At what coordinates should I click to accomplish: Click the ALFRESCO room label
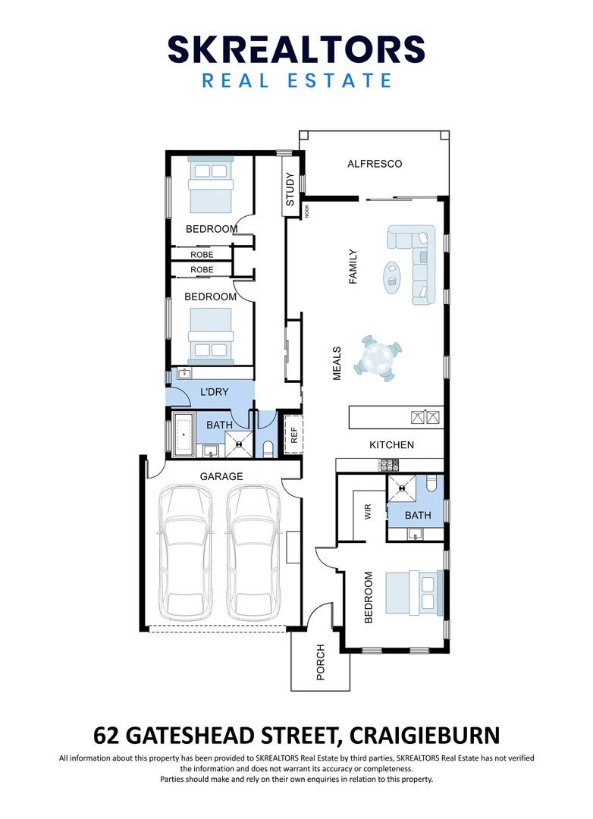374,164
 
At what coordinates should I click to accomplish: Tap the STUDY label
290,190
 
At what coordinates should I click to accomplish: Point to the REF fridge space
294,435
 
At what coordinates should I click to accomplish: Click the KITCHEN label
391,444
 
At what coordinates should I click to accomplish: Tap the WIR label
368,513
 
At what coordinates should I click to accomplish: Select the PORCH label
320,661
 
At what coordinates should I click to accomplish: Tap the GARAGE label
221,476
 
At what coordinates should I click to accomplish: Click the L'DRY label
214,392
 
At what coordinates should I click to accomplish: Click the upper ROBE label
202,255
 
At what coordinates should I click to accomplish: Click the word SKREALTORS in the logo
296,50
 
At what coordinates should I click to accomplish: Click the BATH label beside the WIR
417,515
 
